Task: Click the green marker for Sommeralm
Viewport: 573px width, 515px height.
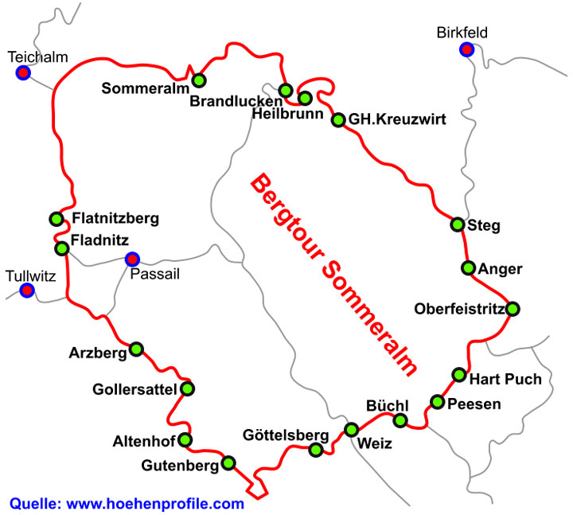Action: point(199,80)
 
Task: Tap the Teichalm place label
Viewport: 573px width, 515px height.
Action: point(37,57)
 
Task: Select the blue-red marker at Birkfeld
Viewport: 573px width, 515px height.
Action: point(466,50)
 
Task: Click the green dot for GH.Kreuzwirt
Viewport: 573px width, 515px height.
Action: point(338,119)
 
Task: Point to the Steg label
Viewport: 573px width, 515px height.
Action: point(484,226)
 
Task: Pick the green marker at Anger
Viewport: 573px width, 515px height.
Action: point(468,267)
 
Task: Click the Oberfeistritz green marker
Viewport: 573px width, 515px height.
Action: point(513,309)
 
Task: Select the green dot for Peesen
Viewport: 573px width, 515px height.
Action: point(437,401)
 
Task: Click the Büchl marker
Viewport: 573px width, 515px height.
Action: point(401,420)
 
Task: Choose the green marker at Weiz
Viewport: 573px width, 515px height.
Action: point(351,430)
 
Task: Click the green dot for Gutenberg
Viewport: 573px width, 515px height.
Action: point(229,462)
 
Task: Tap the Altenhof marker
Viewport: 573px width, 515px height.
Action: point(185,439)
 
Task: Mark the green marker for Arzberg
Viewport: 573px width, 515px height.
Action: point(136,349)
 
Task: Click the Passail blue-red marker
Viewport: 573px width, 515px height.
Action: point(132,259)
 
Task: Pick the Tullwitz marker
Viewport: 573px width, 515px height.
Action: point(27,291)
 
